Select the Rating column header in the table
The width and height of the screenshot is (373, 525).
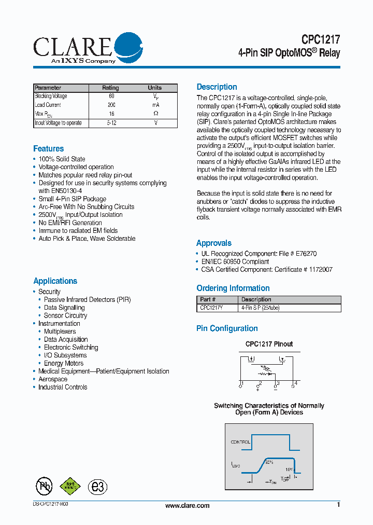110,88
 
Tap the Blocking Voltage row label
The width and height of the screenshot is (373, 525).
51,96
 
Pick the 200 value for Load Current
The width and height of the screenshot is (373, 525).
111,105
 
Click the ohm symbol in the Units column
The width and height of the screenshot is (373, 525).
155,114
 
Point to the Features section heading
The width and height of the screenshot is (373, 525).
49,149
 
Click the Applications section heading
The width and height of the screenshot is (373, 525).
55,281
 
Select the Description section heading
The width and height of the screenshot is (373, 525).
217,87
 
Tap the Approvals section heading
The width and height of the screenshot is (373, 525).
213,243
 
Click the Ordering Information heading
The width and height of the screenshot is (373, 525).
233,288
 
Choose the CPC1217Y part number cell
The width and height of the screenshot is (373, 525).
212,308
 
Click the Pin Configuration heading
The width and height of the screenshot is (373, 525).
227,328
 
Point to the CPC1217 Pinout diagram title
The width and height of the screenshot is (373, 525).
269,344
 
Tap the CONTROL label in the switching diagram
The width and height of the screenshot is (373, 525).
240,442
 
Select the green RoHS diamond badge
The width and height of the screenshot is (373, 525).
70,486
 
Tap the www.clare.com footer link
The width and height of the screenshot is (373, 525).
187,506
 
